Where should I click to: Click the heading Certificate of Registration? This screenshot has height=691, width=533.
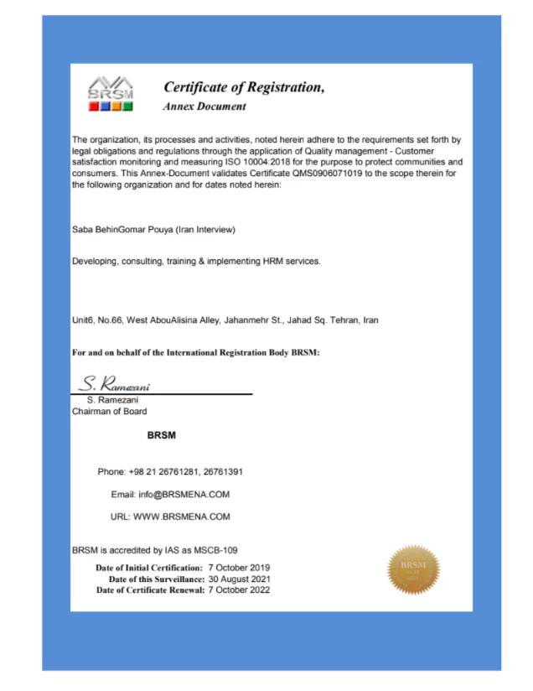[243, 87]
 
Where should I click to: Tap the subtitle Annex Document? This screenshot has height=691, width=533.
[204, 107]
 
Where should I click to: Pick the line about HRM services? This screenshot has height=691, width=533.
[196, 262]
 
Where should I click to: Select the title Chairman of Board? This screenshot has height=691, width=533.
[110, 411]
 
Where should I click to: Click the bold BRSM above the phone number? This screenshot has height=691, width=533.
[161, 436]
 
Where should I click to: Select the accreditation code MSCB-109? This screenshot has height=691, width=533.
[215, 550]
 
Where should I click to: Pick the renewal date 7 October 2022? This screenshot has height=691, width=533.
[238, 590]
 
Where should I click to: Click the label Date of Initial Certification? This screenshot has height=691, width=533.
[149, 568]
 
